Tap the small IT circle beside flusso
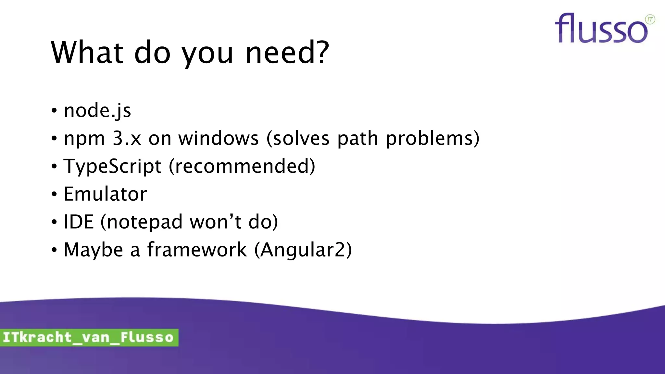click(650, 19)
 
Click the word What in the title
click(87, 53)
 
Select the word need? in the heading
click(287, 53)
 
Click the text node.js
click(97, 111)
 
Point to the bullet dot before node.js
click(54, 111)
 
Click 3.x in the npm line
click(127, 139)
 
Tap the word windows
click(218, 139)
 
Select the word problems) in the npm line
click(432, 139)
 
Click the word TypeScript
click(112, 167)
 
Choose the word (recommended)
click(242, 167)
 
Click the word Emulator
click(105, 194)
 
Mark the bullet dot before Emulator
click(54, 194)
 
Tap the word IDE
click(79, 222)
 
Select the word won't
click(215, 222)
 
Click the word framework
click(197, 250)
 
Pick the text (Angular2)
click(303, 250)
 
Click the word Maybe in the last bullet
click(94, 250)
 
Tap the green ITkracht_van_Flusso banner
click(89, 337)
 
